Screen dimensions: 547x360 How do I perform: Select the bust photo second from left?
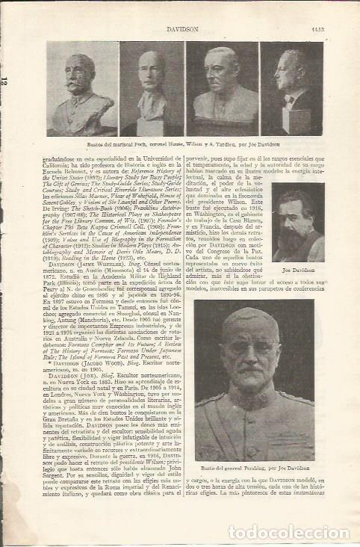(152, 88)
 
